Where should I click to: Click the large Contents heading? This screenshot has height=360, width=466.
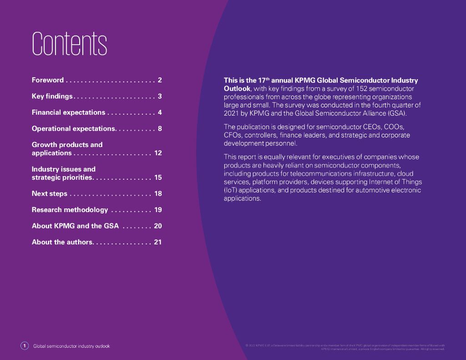click(x=69, y=44)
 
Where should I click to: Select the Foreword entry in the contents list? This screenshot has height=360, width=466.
click(x=48, y=80)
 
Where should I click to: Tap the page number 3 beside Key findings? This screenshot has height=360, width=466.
click(x=160, y=96)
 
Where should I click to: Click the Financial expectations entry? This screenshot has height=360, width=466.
click(x=68, y=112)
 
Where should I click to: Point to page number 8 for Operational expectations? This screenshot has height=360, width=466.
click(x=160, y=129)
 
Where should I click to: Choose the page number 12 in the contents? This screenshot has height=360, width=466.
click(x=158, y=153)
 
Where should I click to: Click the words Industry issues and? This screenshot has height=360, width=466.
click(x=63, y=169)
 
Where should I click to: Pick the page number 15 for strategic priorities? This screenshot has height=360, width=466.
click(x=158, y=177)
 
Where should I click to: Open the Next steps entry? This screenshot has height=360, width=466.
click(x=49, y=194)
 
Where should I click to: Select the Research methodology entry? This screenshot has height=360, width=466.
click(x=70, y=210)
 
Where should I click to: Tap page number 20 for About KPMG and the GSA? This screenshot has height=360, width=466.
click(x=158, y=226)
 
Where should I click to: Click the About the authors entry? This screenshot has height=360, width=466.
click(x=62, y=242)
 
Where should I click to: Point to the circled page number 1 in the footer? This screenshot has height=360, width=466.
click(x=25, y=346)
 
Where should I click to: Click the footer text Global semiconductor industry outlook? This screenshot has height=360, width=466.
click(x=71, y=346)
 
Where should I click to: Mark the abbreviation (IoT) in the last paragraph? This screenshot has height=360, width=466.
click(x=230, y=190)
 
